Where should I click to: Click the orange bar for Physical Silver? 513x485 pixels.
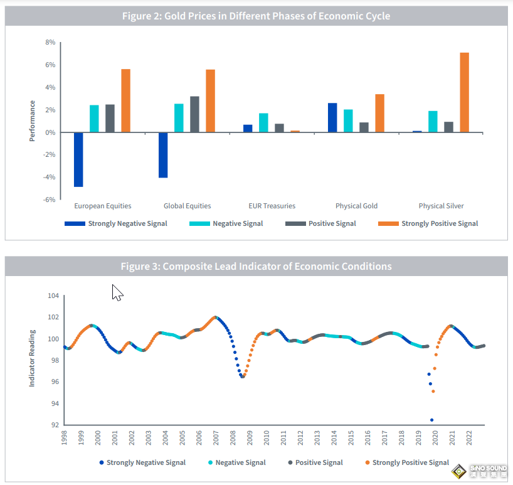point(464,92)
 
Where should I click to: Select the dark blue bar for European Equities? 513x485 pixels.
point(78,159)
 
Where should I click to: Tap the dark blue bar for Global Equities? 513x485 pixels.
point(163,155)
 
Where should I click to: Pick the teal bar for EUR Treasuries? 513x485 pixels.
point(263,123)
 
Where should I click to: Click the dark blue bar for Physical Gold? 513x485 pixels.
point(332,118)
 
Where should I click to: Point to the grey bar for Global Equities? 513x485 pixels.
point(194,114)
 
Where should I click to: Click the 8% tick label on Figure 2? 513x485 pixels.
point(50,43)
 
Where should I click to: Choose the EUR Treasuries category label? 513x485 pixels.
point(272,206)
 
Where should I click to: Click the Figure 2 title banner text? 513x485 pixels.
point(256,16)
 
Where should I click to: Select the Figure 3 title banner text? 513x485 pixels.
point(256,267)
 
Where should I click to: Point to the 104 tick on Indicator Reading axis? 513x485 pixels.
point(53,296)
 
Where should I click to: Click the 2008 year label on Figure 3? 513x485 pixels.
point(233,438)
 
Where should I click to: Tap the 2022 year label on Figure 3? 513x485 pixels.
point(469,438)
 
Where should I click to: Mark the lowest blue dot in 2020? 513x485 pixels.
point(431,420)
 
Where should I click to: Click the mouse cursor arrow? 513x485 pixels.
point(117,292)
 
